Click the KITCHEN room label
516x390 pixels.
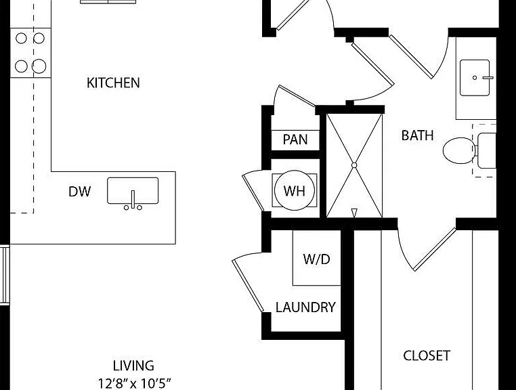[x=113, y=83]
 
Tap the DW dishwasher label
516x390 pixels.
[x=80, y=192]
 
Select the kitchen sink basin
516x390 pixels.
[x=133, y=190]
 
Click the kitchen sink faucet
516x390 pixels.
[x=133, y=201]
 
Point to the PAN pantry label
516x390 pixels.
[x=295, y=139]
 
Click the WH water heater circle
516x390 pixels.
[x=294, y=190]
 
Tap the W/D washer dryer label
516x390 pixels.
[x=317, y=259]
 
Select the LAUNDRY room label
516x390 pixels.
[x=305, y=307]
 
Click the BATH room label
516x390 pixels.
[x=417, y=135]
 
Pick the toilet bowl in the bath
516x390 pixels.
[x=459, y=151]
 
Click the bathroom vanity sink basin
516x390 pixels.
[x=475, y=78]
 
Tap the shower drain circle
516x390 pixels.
[x=354, y=165]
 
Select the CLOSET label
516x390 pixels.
[x=427, y=355]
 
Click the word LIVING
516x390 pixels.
[x=133, y=366]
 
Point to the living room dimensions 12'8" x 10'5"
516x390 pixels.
[x=135, y=383]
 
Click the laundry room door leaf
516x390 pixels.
[x=248, y=285]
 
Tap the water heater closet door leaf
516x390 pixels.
[x=253, y=192]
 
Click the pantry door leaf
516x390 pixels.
[x=297, y=95]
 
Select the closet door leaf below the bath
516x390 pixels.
[x=434, y=249]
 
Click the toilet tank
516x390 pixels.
[x=487, y=150]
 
